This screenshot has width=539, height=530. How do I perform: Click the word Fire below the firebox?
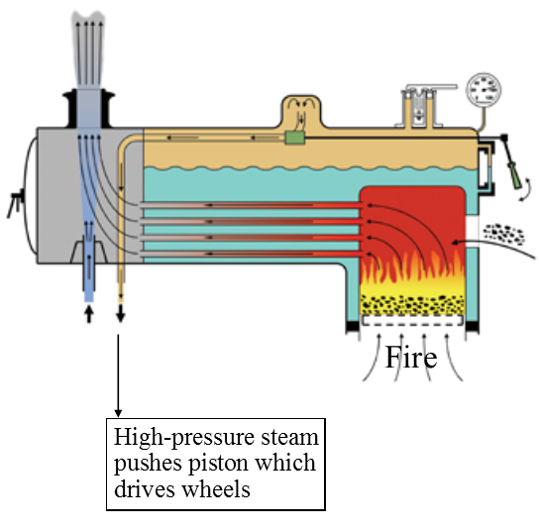pos(411,358)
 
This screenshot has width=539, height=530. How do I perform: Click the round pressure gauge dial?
pos(484,89)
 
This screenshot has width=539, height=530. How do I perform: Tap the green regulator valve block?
pos(294,138)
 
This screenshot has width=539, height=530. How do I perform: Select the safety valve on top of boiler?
pos(419,107)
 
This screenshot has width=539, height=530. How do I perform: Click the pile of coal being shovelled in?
pos(504,234)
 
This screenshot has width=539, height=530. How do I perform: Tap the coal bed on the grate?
pos(412,305)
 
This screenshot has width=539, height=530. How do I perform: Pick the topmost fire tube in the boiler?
pos(251,205)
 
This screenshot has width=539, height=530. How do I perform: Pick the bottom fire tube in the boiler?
pos(251,254)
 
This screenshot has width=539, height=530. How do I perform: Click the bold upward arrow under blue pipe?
pos(89,314)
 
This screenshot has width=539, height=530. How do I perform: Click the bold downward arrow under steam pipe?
pos(120,313)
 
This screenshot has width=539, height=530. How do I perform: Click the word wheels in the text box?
pos(216,488)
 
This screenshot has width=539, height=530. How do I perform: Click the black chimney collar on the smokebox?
pos(89,108)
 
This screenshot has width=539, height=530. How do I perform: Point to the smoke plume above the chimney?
pos(88,49)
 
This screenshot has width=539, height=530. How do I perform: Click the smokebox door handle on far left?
pos(16,203)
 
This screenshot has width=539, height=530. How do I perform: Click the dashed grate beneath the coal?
pos(412,320)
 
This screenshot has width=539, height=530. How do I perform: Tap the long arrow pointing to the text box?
pos(118,375)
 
